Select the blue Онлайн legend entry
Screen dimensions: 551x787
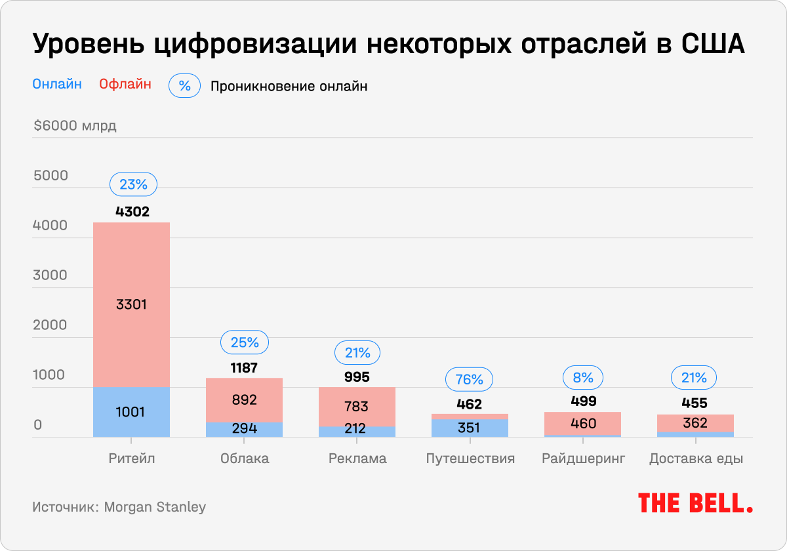[x=57, y=84]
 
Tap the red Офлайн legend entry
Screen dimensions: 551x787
[x=125, y=84]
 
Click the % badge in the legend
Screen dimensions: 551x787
[x=184, y=86]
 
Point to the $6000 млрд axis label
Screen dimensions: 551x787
[x=75, y=125]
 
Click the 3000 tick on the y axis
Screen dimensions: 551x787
[x=50, y=275]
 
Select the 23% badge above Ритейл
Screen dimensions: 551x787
[x=133, y=185]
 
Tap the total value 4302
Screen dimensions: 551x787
[x=132, y=211]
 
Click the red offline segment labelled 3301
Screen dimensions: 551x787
[x=131, y=304]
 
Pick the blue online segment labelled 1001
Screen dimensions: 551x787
[x=131, y=412]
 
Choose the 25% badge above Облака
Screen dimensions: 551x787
[x=244, y=342]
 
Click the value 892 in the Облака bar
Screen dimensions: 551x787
[x=244, y=399]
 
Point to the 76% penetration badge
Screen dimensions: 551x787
[x=468, y=379]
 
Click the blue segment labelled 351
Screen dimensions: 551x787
[x=468, y=428]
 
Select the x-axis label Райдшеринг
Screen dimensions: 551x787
[x=583, y=459]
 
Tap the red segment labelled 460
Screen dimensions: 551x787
[x=583, y=423]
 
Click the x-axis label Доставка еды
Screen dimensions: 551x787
[x=695, y=459]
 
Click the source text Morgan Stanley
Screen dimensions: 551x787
[x=155, y=507]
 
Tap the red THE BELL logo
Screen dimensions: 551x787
[x=695, y=503]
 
